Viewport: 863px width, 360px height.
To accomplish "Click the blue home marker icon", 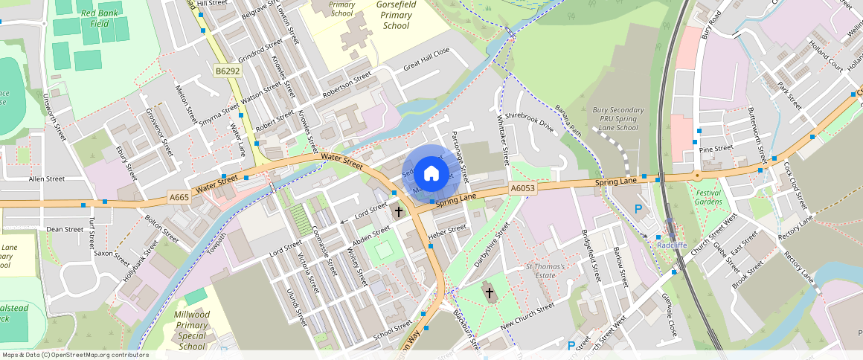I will (431, 174).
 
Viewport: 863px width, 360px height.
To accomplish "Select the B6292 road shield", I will (228, 71).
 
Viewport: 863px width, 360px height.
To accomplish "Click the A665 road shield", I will (179, 197).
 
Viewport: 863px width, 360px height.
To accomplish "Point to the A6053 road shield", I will (523, 190).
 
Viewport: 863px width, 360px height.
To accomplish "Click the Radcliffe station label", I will (671, 244).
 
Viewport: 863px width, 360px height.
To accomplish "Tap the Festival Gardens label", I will (708, 196).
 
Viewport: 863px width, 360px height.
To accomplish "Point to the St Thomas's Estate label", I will (546, 271).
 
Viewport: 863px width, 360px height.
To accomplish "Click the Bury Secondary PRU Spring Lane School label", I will (617, 119).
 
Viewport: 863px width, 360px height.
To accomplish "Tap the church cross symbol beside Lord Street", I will (399, 212).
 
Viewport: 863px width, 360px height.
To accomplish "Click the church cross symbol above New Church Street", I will (490, 292).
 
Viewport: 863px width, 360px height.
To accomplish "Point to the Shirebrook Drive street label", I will (530, 122).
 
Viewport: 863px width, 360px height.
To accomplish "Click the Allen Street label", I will (47, 179).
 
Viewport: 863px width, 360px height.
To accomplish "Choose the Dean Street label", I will (65, 230).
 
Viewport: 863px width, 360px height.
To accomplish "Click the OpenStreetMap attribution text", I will (74, 355).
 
